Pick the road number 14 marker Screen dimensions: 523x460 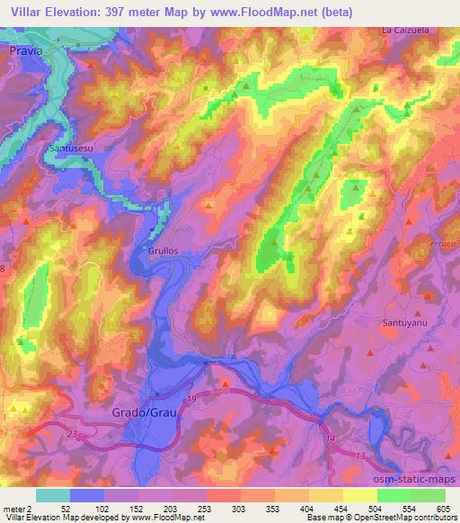pos(331,437)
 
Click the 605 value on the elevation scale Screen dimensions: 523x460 pos(443,509)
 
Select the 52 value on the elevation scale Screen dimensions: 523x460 pos(65,509)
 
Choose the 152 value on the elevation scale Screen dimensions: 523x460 pos(130,509)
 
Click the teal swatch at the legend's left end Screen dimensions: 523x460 pos(52,495)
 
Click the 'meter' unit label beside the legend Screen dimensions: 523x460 pos(14,509)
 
